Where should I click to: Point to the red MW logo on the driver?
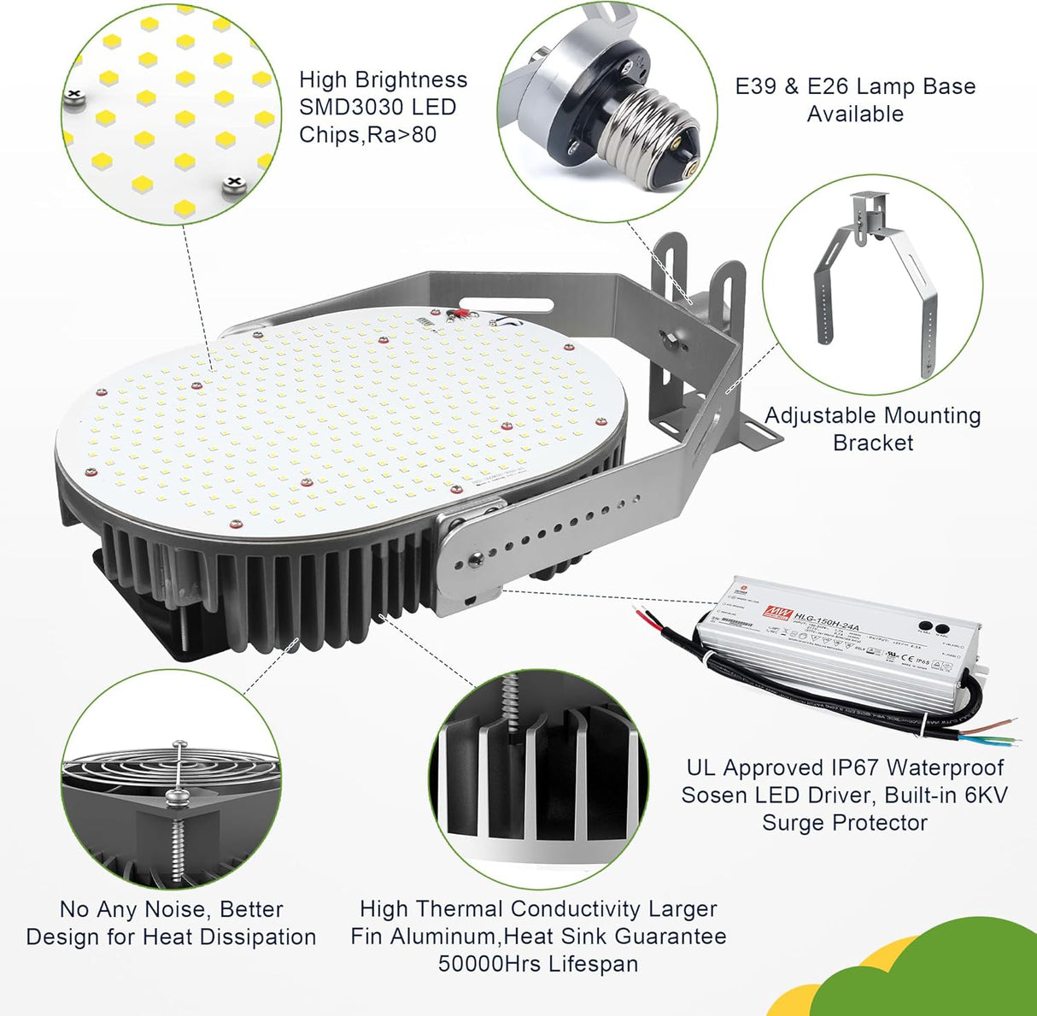776,613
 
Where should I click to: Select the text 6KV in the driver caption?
987,796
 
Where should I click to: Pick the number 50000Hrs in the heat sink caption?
492,964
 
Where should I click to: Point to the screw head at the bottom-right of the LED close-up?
231,183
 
